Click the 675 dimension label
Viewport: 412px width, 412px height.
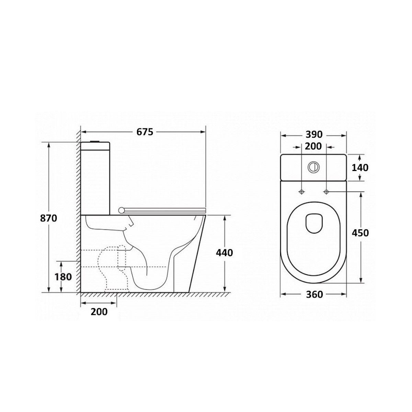[145, 132]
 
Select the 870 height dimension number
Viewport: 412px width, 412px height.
[48, 218]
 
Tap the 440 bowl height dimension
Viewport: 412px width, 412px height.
[224, 253]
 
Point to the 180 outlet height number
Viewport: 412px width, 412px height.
[63, 277]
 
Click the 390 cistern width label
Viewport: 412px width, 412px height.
[314, 135]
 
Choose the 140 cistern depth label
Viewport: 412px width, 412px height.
[360, 168]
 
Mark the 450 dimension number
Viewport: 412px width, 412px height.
[360, 233]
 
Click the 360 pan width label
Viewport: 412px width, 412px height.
[314, 294]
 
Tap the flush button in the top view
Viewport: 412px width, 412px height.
[313, 167]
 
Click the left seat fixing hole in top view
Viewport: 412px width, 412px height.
[301, 192]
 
